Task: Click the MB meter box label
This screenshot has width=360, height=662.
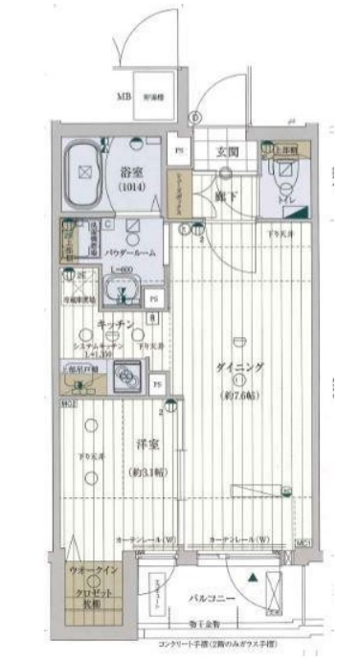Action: click(124, 96)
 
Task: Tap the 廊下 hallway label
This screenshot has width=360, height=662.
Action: click(226, 194)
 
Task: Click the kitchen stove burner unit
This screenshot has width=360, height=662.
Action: click(126, 380)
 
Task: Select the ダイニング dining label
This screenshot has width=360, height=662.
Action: click(239, 367)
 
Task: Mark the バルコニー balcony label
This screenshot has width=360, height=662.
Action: click(218, 598)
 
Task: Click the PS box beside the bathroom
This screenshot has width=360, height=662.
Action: click(178, 149)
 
